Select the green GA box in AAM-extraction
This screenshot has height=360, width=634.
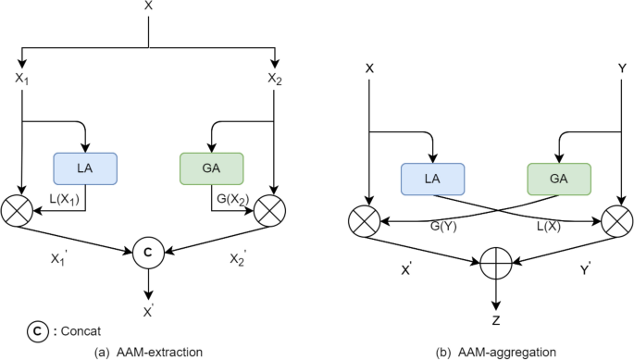(210, 168)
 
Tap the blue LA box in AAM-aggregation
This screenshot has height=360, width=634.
(431, 179)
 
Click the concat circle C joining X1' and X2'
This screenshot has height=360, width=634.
(147, 251)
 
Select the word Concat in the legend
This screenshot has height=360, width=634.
(70, 329)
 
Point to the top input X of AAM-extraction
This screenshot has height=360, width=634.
(148, 7)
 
